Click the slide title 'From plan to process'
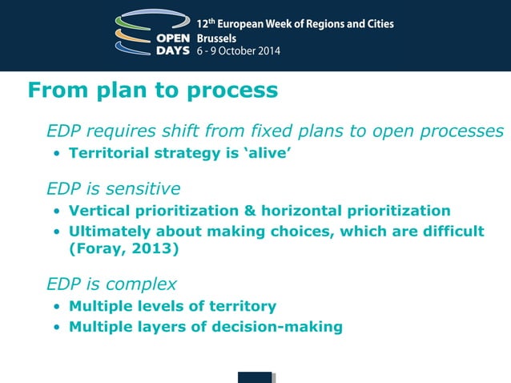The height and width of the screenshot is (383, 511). [x=152, y=90]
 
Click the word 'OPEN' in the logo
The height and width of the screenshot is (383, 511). [x=174, y=37]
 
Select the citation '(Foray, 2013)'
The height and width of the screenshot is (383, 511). [x=124, y=248]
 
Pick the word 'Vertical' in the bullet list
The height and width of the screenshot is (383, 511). [x=101, y=211]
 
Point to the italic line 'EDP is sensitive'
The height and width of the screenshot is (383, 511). [x=113, y=189]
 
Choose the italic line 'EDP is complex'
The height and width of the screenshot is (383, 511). [x=111, y=284]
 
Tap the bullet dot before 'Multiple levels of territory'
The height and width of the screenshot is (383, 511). [x=57, y=307]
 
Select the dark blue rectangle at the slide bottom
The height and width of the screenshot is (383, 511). [x=255, y=377]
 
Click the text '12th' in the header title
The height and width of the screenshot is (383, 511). [x=206, y=22]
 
